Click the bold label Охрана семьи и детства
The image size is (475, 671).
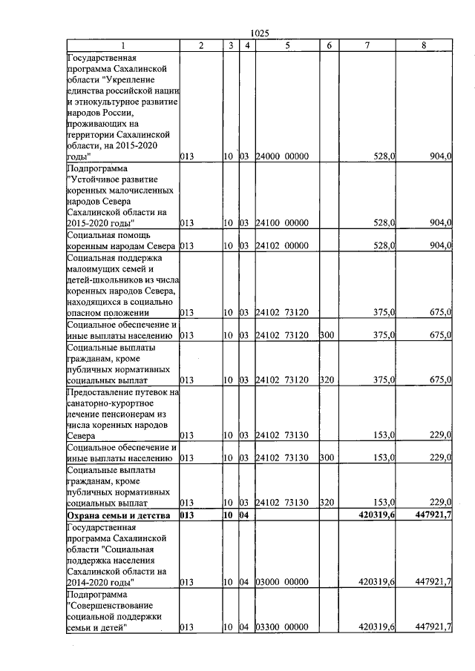[119, 515]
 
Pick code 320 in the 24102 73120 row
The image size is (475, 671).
[327, 380]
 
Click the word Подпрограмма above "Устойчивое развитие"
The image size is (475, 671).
[96, 169]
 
